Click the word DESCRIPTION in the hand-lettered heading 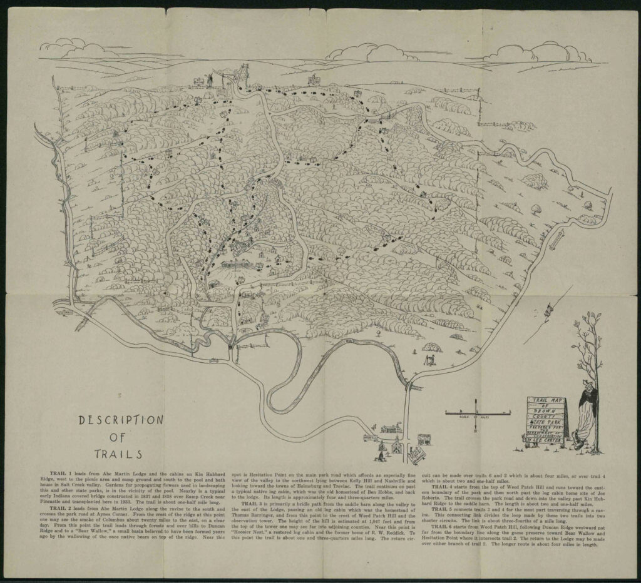(x=121, y=420)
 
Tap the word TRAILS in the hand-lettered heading (x=118, y=454)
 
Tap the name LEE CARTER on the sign (x=548, y=439)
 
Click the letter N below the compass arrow (x=476, y=431)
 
